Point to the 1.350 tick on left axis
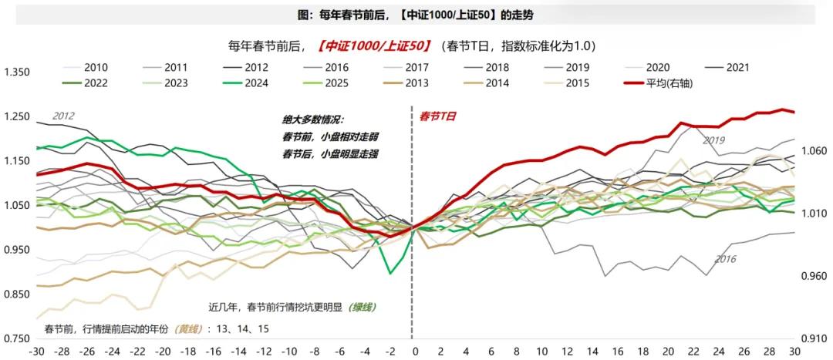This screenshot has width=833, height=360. click(x=17, y=72)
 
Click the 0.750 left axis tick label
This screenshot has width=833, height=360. click(x=17, y=339)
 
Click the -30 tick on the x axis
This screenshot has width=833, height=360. click(x=35, y=352)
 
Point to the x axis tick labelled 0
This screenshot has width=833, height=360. click(x=415, y=352)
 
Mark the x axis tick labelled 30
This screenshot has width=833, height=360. click(x=794, y=352)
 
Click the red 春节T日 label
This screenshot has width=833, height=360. click(x=437, y=116)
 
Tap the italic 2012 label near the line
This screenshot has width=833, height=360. click(x=63, y=116)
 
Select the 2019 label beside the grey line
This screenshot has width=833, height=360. click(x=713, y=140)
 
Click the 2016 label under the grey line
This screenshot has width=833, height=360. click(x=726, y=259)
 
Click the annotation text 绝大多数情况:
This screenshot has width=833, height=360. click(x=313, y=120)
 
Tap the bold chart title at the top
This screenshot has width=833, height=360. click(x=415, y=14)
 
